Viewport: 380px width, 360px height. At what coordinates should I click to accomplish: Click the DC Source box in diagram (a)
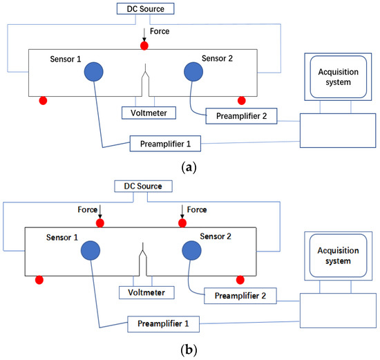tap(145, 9)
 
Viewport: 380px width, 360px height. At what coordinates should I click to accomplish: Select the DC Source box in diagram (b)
tap(143, 186)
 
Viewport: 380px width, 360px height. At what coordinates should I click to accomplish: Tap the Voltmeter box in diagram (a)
tap(149, 113)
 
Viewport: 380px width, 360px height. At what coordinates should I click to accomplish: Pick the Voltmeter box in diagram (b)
tap(146, 292)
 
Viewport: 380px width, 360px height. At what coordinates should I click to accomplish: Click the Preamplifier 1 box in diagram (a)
tap(165, 144)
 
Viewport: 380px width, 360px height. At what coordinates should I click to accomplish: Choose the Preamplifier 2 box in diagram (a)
tap(241, 116)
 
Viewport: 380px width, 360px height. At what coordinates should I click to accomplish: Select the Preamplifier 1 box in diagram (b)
tap(164, 324)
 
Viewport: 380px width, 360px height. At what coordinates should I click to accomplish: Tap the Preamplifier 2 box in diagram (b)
tap(240, 296)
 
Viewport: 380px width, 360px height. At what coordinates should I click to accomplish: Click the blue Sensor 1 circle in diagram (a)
tap(94, 72)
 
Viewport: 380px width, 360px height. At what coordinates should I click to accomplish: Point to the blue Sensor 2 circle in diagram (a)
tap(193, 72)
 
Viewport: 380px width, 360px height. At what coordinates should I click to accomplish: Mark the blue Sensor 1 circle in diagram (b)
tap(91, 250)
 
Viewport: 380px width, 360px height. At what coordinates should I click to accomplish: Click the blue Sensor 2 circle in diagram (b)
tap(191, 250)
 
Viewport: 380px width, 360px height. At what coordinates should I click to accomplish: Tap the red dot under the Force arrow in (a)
tap(144, 46)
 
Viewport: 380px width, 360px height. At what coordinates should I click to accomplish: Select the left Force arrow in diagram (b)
tap(100, 211)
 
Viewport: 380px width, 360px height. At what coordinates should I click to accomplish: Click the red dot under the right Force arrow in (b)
tap(182, 223)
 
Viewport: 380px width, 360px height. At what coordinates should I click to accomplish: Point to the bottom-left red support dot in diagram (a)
tap(43, 101)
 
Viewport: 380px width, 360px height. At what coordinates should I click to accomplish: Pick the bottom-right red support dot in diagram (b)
tap(240, 280)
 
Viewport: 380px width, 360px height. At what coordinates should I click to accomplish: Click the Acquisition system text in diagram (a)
tap(339, 77)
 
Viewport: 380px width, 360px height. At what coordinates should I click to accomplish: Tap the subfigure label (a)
tap(189, 167)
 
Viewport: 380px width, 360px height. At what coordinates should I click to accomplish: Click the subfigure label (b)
tap(189, 350)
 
